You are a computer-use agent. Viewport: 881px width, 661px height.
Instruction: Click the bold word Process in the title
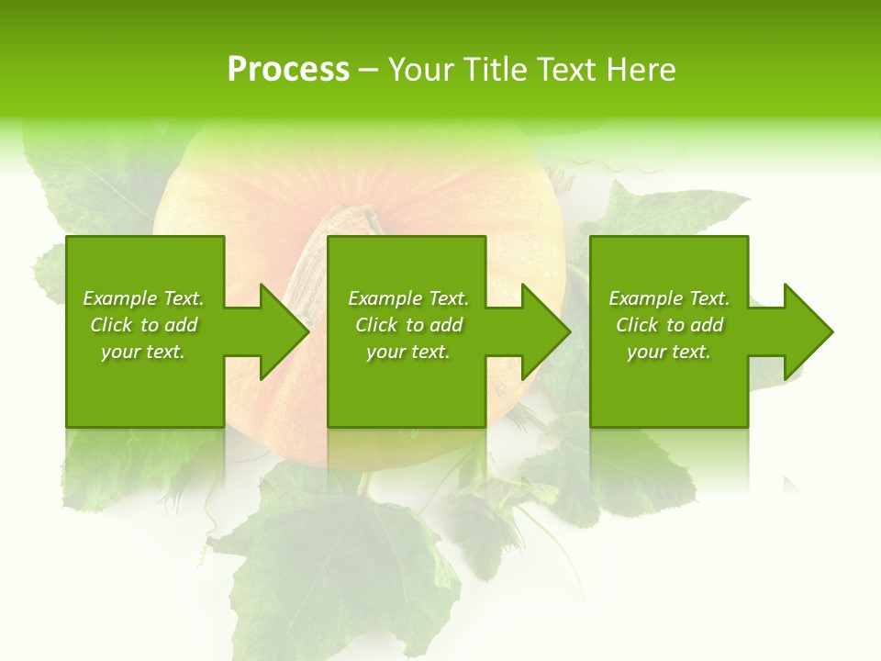click(x=288, y=70)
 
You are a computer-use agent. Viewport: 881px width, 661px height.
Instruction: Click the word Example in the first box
click(x=119, y=298)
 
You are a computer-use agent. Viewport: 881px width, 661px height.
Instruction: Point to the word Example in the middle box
click(x=385, y=298)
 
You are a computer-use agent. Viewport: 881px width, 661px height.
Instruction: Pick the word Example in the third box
click(x=645, y=298)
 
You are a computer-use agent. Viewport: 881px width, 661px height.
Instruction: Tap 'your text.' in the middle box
click(x=407, y=352)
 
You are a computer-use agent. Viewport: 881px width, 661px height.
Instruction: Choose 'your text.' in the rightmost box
click(x=668, y=352)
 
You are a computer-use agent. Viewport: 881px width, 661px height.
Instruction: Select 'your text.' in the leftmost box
click(x=142, y=352)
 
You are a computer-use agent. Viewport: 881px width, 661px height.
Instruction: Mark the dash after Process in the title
click(x=368, y=71)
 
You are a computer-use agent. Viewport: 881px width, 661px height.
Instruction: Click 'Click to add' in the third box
click(x=669, y=325)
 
